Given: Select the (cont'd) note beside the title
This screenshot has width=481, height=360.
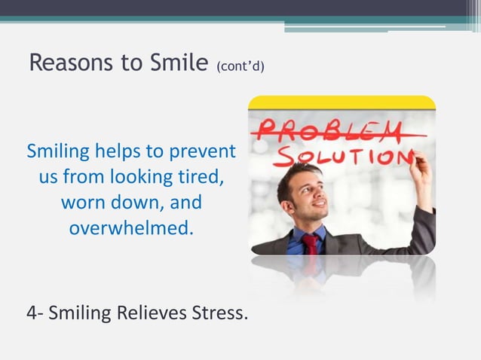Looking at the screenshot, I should point(240,67).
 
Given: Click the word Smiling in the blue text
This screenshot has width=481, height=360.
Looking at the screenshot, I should point(60,154).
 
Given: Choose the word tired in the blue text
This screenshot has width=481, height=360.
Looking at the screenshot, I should point(200,178).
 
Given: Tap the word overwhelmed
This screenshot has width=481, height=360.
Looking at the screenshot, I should point(131,227).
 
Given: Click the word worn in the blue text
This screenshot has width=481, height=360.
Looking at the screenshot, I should point(81,203).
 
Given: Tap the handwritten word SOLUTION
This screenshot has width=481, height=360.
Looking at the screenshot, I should point(343,155).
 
